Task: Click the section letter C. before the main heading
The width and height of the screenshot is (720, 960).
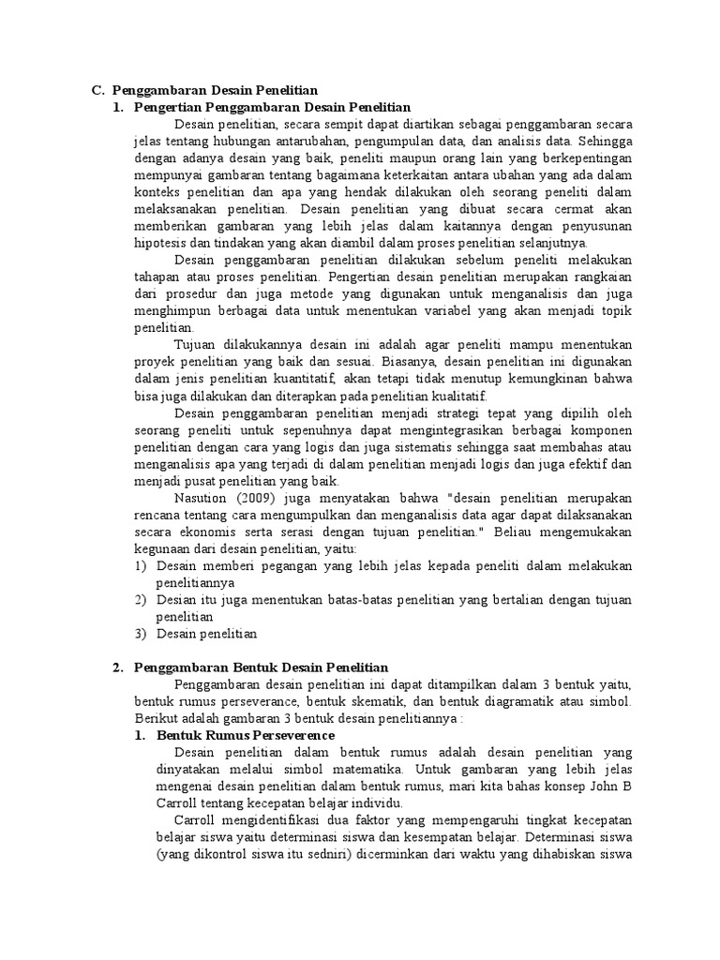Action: click(97, 90)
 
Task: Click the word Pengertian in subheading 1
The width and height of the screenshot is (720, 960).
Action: click(167, 107)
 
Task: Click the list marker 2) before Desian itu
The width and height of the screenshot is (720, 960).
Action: click(140, 599)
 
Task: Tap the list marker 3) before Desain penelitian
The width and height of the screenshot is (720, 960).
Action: click(140, 634)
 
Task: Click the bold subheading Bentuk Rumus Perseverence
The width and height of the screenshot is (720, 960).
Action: click(245, 736)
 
